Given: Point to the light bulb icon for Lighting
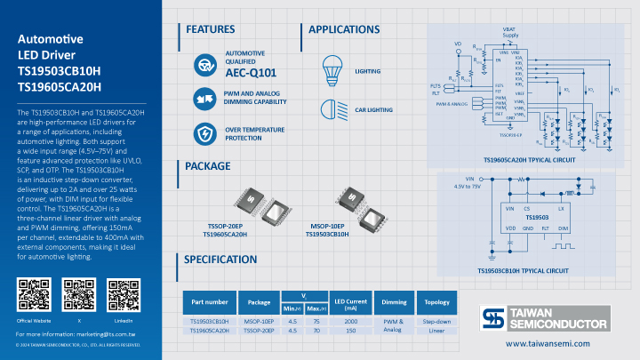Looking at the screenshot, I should click(332, 68).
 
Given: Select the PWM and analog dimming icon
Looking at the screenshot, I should click(206, 98).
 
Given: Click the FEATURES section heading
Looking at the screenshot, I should click(211, 29).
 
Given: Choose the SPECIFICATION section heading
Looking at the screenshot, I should click(220, 260).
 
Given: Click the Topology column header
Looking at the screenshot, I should click(436, 301).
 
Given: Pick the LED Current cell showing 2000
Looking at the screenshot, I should click(351, 321).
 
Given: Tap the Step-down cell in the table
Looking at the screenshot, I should click(436, 321).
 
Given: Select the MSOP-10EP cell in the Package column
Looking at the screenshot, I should click(259, 321).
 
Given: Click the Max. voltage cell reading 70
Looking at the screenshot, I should click(315, 330).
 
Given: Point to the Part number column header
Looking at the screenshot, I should click(210, 301).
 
